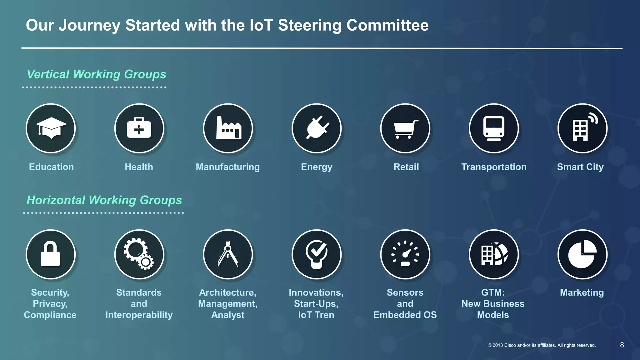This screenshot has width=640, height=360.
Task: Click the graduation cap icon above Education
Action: (51, 128)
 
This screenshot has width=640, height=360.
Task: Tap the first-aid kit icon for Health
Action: (139, 128)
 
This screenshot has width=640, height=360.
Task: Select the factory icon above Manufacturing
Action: (228, 128)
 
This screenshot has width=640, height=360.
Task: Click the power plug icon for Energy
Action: (317, 128)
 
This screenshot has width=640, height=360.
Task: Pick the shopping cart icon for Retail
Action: (405, 128)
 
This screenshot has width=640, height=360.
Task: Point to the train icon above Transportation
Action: (494, 128)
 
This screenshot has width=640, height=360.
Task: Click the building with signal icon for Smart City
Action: (582, 128)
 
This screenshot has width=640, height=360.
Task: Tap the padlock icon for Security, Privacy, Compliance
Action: (51, 254)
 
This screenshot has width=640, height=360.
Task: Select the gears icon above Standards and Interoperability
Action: (139, 254)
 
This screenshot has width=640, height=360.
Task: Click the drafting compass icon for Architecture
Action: (228, 254)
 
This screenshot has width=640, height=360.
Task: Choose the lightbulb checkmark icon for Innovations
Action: (317, 254)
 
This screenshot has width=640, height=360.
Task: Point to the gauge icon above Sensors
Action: (405, 254)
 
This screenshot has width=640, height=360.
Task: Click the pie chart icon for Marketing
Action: (582, 254)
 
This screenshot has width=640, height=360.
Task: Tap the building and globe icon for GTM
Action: (494, 254)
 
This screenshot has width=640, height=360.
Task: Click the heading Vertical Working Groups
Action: (97, 74)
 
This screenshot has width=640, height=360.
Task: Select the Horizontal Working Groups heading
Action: (104, 200)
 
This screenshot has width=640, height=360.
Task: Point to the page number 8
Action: (622, 345)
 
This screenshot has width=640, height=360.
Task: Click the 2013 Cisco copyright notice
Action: (542, 345)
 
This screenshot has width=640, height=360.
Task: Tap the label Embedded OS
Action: (405, 315)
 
